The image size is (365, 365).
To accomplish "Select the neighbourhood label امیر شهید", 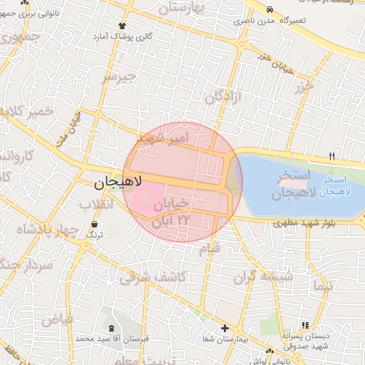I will point(163,136).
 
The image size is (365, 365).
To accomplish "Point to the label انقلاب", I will point(96,205).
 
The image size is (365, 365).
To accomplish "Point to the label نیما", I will point(322,286).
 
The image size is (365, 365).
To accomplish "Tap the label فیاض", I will point(56,320).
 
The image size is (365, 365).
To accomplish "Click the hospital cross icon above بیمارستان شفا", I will point(225,329).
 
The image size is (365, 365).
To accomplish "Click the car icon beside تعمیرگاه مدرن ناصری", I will point(270,9).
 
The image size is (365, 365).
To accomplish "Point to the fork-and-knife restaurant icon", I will point(331,156).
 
